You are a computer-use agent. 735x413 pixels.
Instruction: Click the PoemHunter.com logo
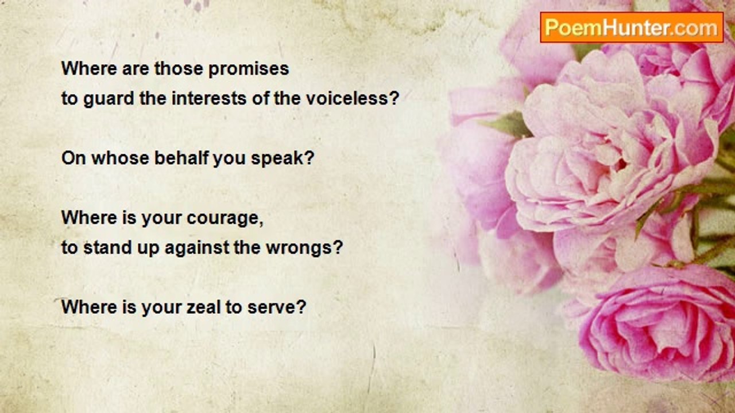pos(632,28)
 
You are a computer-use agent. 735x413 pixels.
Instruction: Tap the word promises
pos(249,69)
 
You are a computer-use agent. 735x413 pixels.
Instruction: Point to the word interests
pos(209,98)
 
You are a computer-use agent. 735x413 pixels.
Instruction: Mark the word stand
pos(107,247)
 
